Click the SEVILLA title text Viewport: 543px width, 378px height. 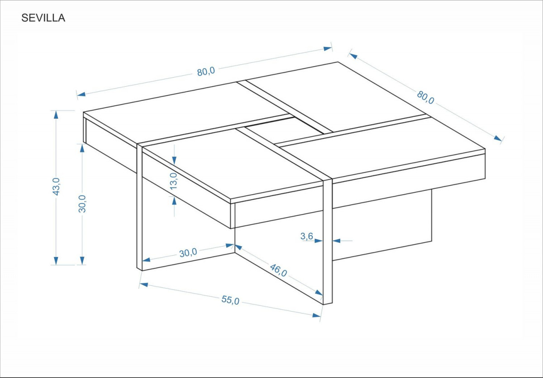tap(43, 18)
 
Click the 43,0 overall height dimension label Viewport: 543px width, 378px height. tap(56, 187)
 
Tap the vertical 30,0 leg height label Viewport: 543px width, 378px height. tap(82, 204)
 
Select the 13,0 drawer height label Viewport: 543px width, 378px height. tap(174, 181)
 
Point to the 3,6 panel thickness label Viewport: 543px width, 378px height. tap(307, 236)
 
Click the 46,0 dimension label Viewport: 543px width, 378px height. tap(278, 271)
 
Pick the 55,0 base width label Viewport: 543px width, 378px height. tap(230, 300)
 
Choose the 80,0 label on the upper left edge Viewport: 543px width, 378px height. tap(206, 72)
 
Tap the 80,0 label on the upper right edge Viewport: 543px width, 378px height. tap(425, 97)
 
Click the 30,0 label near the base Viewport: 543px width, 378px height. tap(188, 252)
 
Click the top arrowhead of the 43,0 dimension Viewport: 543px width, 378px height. tap(56, 115)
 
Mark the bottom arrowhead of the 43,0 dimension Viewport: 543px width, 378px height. tap(56, 261)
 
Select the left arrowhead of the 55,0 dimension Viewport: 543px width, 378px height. tap(144, 285)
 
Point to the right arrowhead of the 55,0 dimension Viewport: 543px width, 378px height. tap(316, 315)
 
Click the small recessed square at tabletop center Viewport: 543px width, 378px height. tap(284, 130)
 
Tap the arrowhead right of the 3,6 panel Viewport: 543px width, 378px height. tap(337, 241)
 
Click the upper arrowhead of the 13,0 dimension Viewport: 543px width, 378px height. tap(174, 160)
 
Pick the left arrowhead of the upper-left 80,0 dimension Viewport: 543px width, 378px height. tap(81, 94)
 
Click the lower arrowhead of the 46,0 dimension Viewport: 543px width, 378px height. tap(319, 293)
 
